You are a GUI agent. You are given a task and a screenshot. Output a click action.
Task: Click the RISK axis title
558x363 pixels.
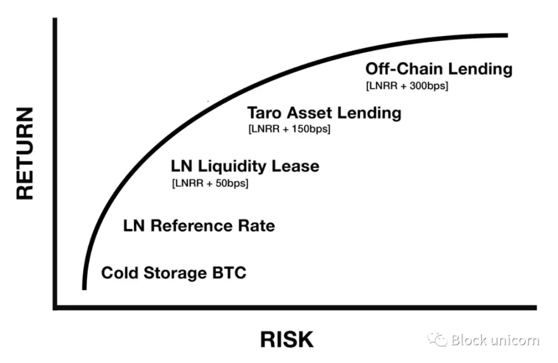pyautogui.click(x=287, y=339)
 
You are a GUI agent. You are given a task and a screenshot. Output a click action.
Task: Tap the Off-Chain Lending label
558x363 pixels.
pyautogui.click(x=439, y=69)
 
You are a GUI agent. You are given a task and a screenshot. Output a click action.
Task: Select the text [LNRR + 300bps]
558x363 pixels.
pyautogui.click(x=406, y=86)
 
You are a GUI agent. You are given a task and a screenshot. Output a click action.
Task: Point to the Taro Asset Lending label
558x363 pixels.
pyautogui.click(x=324, y=113)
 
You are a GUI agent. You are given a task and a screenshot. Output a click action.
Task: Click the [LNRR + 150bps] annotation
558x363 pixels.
pyautogui.click(x=289, y=129)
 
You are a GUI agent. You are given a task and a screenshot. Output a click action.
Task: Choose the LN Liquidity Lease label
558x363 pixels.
pyautogui.click(x=245, y=167)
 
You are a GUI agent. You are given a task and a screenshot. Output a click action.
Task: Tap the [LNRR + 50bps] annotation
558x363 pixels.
pyautogui.click(x=210, y=184)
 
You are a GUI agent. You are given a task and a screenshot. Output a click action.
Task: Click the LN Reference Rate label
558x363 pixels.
pyautogui.click(x=199, y=226)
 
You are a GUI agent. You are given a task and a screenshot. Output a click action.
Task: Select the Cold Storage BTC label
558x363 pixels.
pyautogui.click(x=173, y=272)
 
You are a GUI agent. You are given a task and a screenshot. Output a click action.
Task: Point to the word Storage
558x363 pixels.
pyautogui.click(x=172, y=273)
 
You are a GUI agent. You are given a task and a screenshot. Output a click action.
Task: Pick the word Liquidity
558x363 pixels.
pyautogui.click(x=232, y=167)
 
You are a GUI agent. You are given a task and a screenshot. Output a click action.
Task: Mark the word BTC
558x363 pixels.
pyautogui.click(x=228, y=272)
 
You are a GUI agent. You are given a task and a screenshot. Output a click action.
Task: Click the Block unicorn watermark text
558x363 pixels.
pyautogui.click(x=495, y=340)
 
